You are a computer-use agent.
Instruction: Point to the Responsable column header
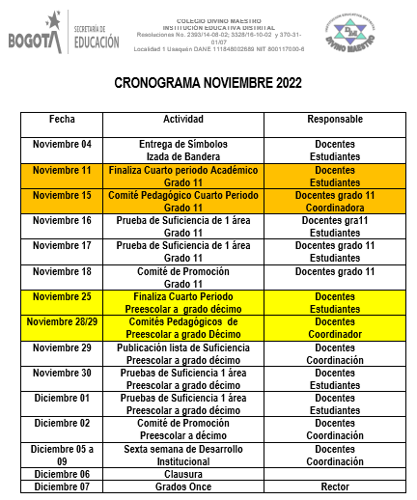coord(334,119)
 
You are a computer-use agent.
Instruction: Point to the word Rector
coord(334,486)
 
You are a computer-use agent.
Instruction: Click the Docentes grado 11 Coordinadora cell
coord(334,200)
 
